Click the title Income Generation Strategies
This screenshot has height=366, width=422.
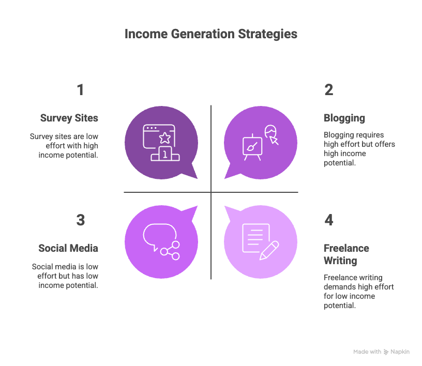tap(211, 34)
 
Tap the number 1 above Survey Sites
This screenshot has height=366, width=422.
tap(80, 90)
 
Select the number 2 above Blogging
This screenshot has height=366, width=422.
tap(329, 90)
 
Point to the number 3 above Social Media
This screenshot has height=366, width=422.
tap(80, 220)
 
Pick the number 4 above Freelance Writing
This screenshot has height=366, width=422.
tap(329, 220)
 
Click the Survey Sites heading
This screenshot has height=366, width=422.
tap(69, 118)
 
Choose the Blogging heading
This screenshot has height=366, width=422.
tap(344, 118)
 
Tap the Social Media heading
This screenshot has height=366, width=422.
tap(68, 249)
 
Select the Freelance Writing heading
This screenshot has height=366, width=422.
tap(346, 254)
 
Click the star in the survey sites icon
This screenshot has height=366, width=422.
tap(164, 138)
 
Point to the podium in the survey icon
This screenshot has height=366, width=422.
tap(164, 154)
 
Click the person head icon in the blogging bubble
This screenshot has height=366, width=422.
tap(271, 132)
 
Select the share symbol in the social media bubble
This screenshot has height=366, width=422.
tap(170, 251)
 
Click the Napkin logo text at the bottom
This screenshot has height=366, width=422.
tap(400, 352)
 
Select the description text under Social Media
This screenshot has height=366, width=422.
tap(65, 276)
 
